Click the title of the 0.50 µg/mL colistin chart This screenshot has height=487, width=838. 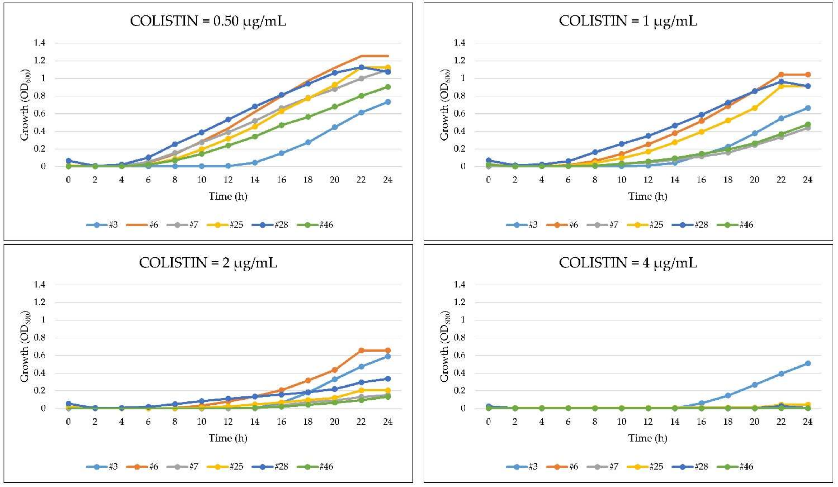(208, 21)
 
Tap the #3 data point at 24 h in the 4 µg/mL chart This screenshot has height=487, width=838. (808, 364)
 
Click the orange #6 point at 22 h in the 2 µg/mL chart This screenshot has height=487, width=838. (361, 350)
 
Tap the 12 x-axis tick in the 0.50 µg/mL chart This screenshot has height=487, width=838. (228, 180)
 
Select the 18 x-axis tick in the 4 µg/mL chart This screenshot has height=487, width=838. (728, 422)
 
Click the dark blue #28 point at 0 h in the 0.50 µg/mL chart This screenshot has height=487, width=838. (69, 160)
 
